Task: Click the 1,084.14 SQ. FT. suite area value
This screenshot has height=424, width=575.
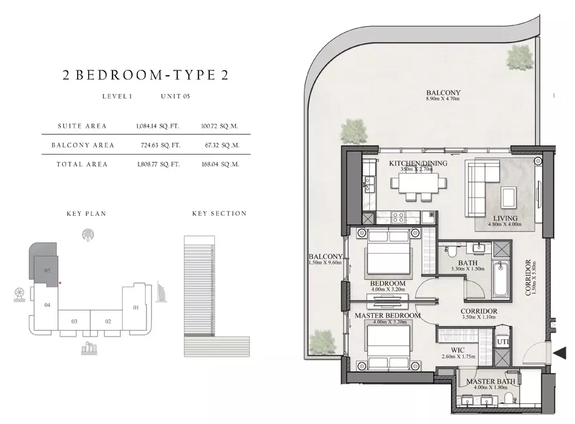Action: point(157,127)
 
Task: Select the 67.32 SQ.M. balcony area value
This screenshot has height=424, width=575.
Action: point(222,145)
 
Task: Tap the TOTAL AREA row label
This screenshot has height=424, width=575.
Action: point(82,164)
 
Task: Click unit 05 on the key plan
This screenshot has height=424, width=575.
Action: point(47,270)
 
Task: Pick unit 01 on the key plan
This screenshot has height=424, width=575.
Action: point(136,307)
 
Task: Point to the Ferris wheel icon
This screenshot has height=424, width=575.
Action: point(19,295)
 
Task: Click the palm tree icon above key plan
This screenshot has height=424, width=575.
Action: point(88,235)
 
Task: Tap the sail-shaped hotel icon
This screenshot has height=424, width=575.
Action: point(161,292)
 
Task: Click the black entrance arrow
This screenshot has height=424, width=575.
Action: point(559,354)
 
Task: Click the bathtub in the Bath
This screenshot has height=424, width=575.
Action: point(501,279)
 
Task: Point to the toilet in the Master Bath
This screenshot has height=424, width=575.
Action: point(510,398)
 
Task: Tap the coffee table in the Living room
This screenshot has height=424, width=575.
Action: point(510,198)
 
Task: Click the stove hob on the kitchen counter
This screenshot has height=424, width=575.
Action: point(398,217)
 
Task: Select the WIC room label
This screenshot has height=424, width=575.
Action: point(457,350)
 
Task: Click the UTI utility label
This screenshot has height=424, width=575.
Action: point(502,342)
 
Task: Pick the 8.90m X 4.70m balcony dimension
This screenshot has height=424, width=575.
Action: point(442,98)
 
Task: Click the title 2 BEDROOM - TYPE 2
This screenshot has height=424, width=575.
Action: point(146,75)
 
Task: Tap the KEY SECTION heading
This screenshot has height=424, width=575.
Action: point(220,213)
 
